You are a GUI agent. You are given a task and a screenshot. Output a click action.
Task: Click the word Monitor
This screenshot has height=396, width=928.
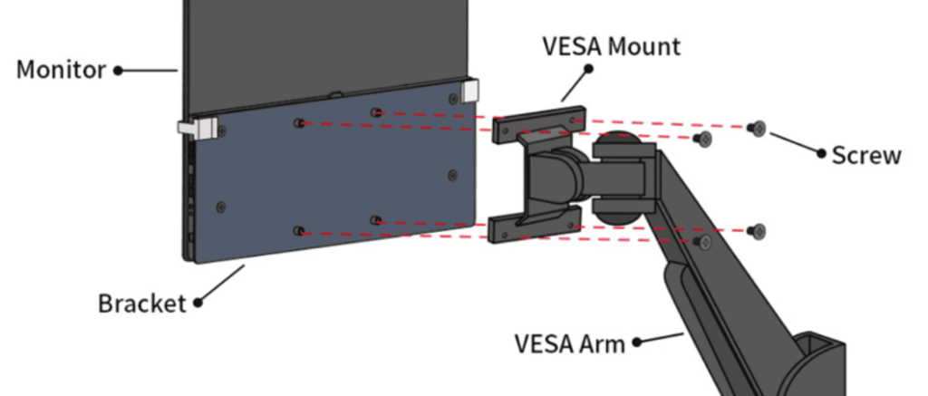click(60, 70)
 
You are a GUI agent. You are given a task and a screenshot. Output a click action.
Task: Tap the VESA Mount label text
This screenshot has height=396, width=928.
click(611, 46)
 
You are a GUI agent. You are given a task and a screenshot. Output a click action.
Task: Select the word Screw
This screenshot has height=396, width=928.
click(866, 155)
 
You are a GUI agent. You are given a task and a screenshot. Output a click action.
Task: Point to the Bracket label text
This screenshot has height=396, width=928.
click(141, 303)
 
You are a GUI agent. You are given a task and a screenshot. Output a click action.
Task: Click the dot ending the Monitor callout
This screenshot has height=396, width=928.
click(118, 70)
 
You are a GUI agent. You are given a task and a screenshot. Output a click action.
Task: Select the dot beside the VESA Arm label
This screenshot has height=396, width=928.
click(636, 343)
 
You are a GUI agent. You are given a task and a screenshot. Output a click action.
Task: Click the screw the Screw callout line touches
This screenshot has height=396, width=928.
click(758, 129)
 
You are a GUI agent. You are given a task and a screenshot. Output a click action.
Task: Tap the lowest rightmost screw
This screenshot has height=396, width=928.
click(759, 231)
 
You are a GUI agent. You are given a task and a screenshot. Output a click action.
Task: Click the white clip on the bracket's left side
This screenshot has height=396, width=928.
click(196, 129)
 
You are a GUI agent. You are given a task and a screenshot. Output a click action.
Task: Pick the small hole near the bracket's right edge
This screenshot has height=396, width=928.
click(453, 173)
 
